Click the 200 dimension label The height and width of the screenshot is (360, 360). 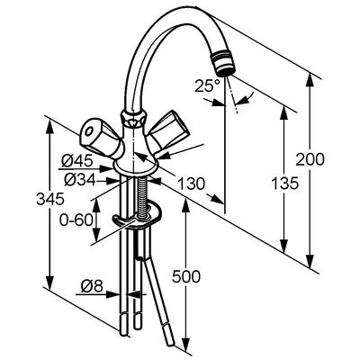(x=310, y=159)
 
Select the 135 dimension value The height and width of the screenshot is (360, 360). (x=285, y=183)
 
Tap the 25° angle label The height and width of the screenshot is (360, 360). (x=207, y=85)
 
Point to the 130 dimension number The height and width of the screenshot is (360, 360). (x=191, y=184)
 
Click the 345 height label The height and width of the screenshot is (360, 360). (x=50, y=199)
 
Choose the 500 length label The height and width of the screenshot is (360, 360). (x=186, y=276)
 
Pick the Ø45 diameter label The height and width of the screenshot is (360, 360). (x=76, y=162)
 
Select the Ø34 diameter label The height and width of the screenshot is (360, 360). (x=80, y=180)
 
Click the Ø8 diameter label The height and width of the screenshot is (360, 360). (x=92, y=286)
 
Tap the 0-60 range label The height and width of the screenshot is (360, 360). (x=76, y=220)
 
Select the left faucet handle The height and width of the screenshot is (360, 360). (x=101, y=139)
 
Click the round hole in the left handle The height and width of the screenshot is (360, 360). (x=89, y=132)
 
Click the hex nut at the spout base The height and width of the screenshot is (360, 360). (x=133, y=118)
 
